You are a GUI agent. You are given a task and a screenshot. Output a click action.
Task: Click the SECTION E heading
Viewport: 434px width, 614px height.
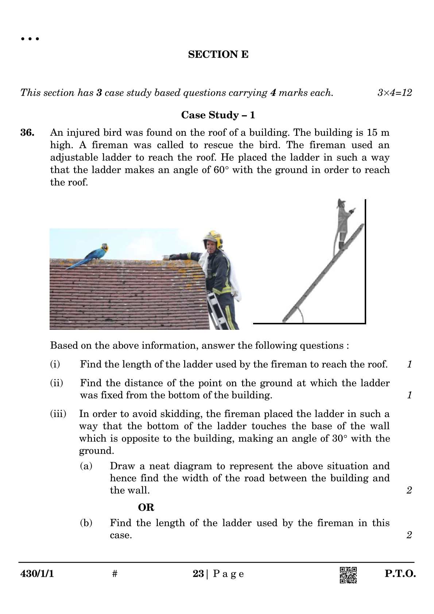click(218, 54)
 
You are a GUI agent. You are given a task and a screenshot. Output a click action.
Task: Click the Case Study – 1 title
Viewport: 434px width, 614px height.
click(218, 115)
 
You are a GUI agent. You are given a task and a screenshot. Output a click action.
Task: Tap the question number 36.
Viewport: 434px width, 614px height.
click(27, 132)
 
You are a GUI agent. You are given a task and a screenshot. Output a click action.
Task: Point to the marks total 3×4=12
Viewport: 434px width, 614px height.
click(394, 93)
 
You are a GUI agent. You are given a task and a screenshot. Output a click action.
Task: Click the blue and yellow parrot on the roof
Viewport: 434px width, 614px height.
click(89, 256)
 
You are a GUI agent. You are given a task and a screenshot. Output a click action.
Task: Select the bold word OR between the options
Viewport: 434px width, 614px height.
click(146, 507)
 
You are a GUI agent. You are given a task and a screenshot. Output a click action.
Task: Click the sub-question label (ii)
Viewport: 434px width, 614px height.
click(57, 383)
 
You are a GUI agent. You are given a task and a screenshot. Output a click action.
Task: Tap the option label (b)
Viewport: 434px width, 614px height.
click(86, 523)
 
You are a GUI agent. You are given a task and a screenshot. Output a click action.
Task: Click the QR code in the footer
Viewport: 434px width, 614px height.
click(348, 575)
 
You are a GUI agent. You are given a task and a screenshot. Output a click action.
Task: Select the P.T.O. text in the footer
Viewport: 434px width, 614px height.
click(400, 574)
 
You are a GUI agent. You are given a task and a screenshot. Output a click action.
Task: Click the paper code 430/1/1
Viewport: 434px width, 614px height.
click(37, 574)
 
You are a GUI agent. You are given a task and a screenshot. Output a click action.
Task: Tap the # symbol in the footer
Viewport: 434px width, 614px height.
click(115, 574)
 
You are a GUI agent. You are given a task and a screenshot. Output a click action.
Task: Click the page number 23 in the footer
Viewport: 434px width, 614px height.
click(198, 574)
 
